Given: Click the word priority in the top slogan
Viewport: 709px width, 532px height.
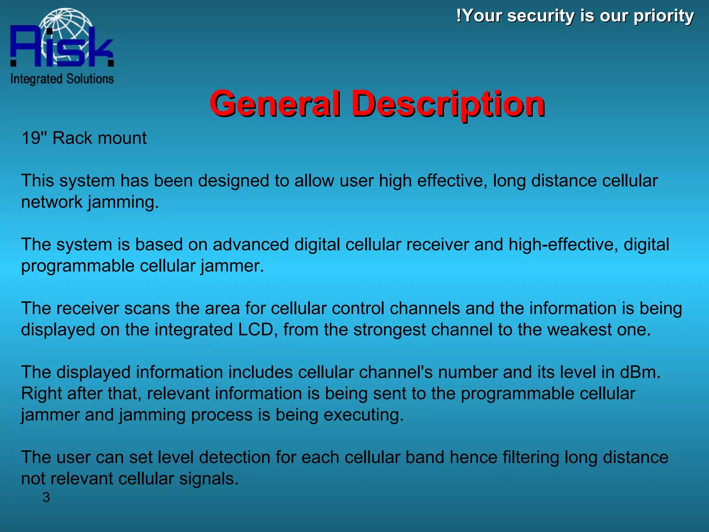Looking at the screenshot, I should click(664, 16).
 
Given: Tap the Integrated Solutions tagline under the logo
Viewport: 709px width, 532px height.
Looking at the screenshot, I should click(62, 79).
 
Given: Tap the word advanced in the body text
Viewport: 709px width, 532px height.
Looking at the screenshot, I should click(250, 244).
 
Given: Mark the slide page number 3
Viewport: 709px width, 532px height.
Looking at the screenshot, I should click(46, 497).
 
